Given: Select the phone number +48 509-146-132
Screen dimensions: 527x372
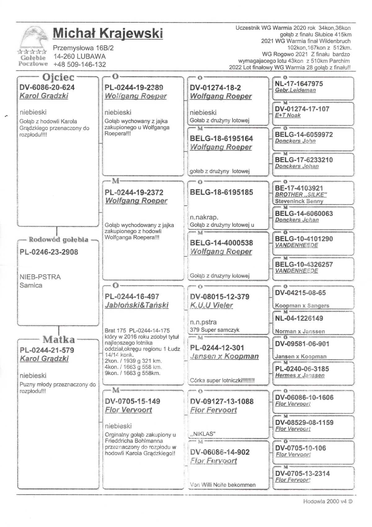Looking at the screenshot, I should click(80, 65).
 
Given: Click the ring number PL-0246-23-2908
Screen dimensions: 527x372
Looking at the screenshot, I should click(49, 252).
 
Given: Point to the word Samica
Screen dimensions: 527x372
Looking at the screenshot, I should click(31, 285).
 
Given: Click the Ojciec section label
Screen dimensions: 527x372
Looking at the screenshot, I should click(58, 77).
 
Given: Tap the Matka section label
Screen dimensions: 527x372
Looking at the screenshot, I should click(59, 339).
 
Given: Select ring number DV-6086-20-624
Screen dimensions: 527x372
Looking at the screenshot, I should click(47, 87).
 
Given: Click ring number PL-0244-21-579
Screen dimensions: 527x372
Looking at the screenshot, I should click(47, 350).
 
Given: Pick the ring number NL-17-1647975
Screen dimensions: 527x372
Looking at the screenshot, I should click(299, 84).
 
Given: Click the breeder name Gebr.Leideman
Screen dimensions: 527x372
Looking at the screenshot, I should click(295, 90).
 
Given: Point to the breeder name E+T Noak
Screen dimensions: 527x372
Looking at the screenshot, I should click(288, 116).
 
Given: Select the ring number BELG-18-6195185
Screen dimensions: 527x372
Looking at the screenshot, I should click(221, 192).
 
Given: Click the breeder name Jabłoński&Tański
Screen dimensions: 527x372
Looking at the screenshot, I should click(136, 305).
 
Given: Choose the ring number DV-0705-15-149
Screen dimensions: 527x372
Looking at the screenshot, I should click(132, 401).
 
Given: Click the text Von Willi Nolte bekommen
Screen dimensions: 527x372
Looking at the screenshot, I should click(223, 485).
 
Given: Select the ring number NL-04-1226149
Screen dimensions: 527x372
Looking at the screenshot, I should click(299, 318).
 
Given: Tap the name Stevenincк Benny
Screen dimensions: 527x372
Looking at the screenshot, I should click(299, 201).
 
